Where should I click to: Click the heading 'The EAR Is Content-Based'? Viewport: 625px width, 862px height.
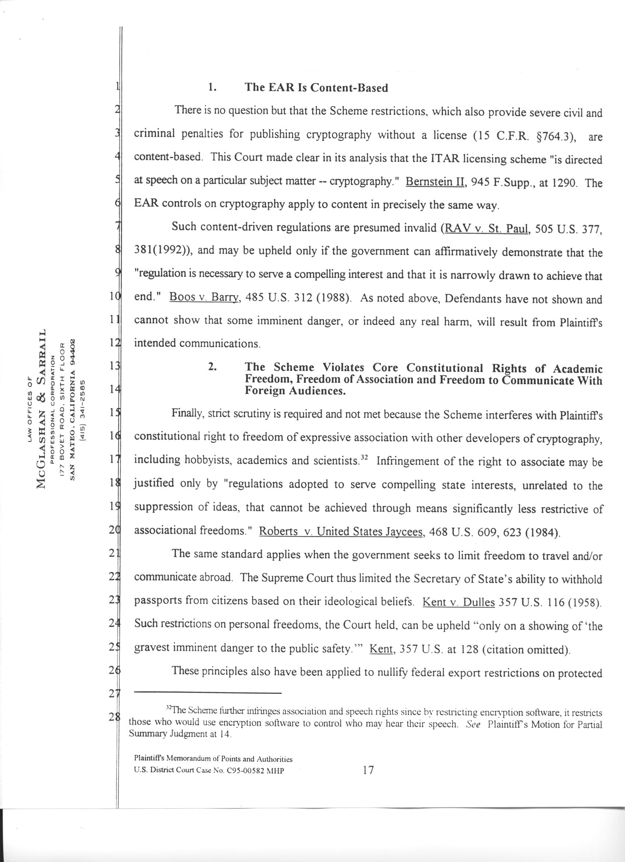[x=316, y=88]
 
